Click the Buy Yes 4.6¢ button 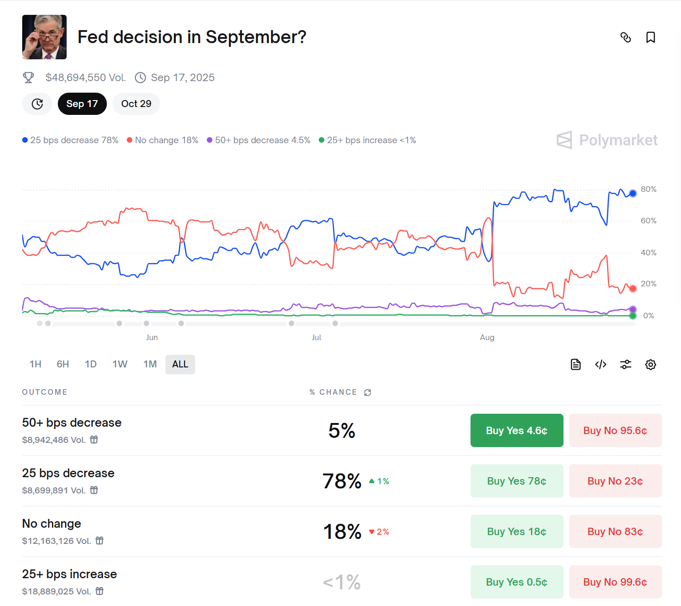517,430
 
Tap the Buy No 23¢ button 615,481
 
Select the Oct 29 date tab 136,104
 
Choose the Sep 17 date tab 82,104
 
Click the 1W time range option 120,364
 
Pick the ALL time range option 180,364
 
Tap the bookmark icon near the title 650,38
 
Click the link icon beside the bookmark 625,38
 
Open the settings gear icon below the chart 650,365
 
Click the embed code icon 601,365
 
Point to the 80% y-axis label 648,189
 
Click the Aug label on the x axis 487,337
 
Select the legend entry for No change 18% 163,140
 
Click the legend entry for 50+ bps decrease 259,140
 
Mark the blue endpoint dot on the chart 632,193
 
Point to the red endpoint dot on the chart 632,289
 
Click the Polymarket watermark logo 607,140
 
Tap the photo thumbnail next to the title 44,37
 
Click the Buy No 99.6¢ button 615,582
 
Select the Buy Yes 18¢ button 517,531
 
